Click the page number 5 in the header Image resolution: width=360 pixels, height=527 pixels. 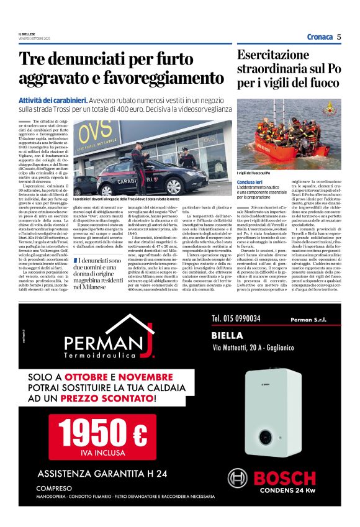(339, 37)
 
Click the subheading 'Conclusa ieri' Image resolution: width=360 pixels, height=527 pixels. (251, 182)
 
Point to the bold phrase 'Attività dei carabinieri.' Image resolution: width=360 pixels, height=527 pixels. (52, 100)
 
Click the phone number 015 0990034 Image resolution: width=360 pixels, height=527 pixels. (238, 318)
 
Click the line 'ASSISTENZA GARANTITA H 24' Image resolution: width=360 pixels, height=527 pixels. (102, 474)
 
